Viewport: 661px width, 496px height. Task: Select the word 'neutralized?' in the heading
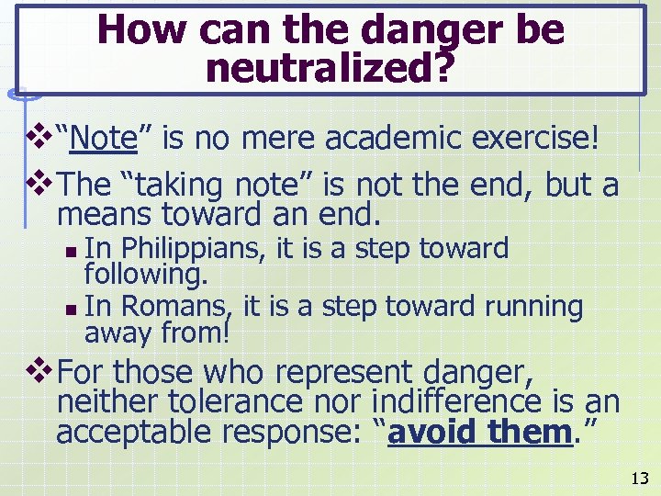[x=330, y=68]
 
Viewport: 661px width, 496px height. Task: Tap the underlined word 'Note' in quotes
[x=102, y=140]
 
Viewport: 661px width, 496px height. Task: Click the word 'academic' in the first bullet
[x=392, y=140]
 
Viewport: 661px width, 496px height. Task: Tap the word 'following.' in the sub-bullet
[x=146, y=274]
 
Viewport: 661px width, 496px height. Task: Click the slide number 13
[x=640, y=478]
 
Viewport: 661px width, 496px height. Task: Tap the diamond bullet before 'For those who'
[x=41, y=373]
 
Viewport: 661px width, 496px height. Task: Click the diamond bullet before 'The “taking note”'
[x=41, y=185]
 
